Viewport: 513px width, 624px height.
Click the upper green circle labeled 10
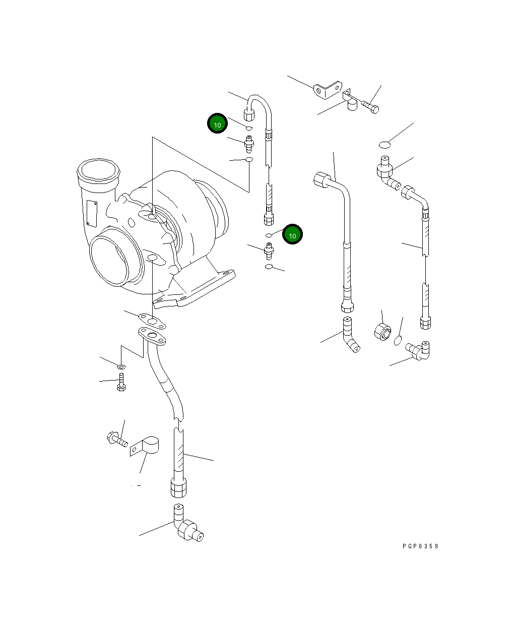point(217,123)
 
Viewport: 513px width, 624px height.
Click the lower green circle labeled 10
point(292,234)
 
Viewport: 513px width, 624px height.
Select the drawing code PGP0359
point(420,546)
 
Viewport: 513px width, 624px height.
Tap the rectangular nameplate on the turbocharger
point(91,213)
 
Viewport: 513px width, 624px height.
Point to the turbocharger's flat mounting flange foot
point(197,292)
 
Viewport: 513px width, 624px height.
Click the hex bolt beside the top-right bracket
point(371,107)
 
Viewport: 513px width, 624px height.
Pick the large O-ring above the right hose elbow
point(384,145)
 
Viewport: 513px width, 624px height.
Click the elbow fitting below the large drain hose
point(186,527)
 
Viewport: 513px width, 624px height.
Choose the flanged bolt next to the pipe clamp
point(116,440)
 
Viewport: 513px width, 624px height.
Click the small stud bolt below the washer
point(121,383)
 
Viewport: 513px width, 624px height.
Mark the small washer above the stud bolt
point(121,365)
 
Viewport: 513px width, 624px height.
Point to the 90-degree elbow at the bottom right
point(419,350)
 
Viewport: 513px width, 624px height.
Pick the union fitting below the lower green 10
point(269,250)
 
